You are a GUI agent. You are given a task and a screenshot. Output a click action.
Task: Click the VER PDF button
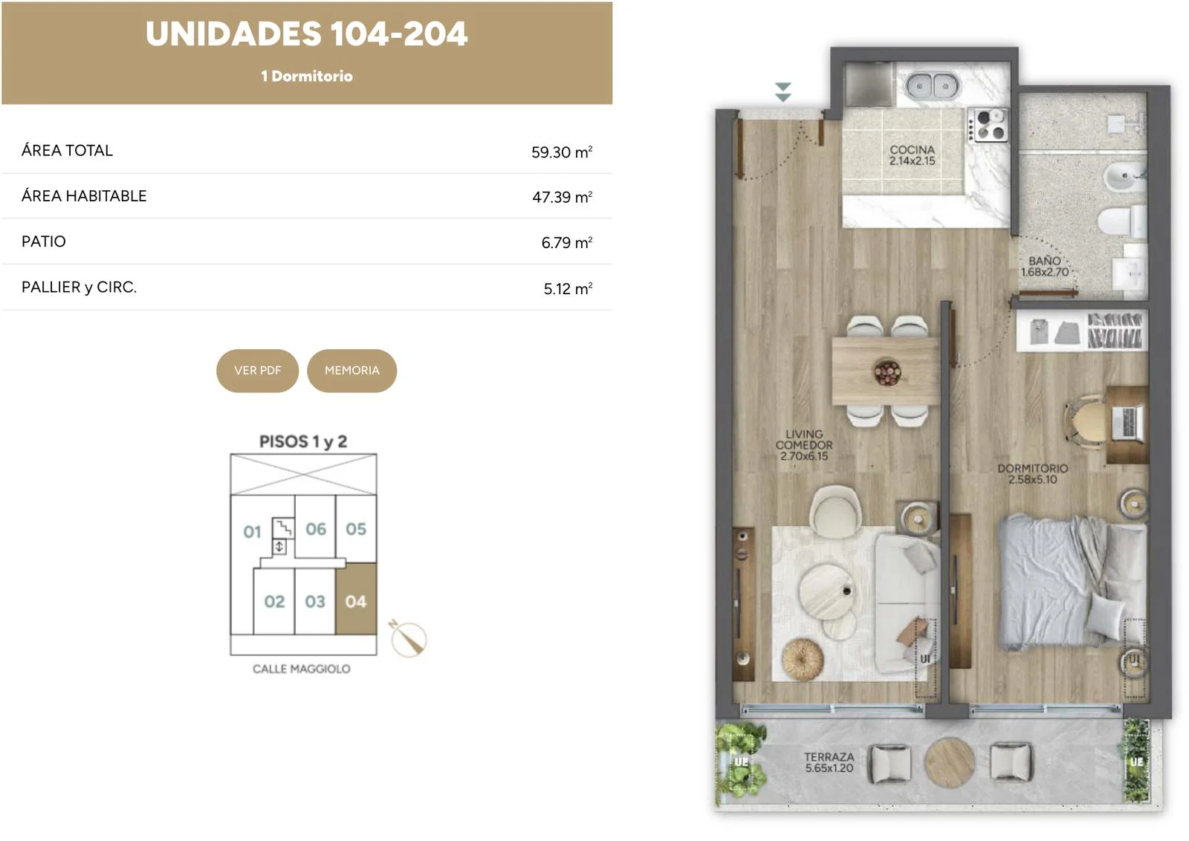pos(257,371)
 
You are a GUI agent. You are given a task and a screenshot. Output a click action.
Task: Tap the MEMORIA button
pos(352,371)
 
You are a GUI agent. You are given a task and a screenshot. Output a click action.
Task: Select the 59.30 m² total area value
pos(562,152)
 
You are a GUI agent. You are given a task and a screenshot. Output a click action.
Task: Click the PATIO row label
pos(44,241)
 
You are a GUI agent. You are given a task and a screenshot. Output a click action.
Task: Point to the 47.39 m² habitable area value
pos(562,197)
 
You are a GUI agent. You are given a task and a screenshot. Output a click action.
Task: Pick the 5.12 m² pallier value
pos(568,288)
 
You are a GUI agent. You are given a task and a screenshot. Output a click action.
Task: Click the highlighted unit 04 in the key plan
pos(356,599)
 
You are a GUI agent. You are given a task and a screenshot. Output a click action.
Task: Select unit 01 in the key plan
pos(252,532)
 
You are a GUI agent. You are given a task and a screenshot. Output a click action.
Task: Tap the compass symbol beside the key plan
pos(408,638)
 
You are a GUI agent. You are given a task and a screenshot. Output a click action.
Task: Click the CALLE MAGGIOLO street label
pos(302,669)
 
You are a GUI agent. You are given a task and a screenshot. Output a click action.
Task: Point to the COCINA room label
pos(912,149)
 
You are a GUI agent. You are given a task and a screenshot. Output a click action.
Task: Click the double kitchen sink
pos(932,85)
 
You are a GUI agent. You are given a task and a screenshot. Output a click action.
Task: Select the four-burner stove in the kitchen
pos(988,126)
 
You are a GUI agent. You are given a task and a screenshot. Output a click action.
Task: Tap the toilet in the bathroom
pos(1121,221)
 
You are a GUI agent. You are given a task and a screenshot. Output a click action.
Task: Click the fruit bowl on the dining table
pos(887,371)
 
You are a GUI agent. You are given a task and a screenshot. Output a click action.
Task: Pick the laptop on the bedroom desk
pos(1127,423)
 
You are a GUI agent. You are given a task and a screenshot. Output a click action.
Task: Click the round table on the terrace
pos(950,762)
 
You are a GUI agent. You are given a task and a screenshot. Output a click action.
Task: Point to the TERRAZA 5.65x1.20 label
pos(829,762)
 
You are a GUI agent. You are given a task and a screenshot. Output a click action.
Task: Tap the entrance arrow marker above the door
pos(783,92)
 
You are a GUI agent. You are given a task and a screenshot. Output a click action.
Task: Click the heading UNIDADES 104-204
pos(307,34)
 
